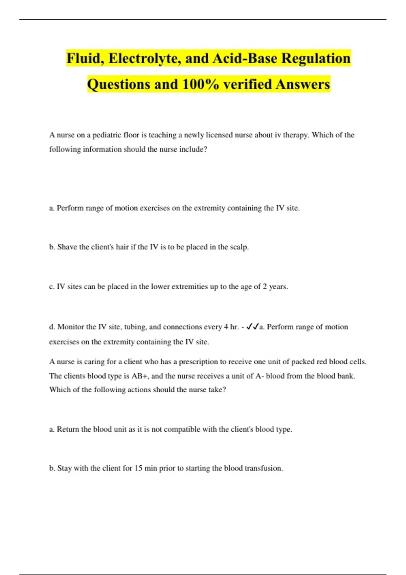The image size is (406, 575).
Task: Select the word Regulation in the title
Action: pyautogui.click(x=316, y=58)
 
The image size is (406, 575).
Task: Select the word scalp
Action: pyautogui.click(x=239, y=247)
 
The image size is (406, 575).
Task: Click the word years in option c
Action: pyautogui.click(x=278, y=287)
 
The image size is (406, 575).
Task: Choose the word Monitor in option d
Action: pyautogui.click(x=71, y=327)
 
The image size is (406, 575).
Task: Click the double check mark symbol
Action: pyautogui.click(x=253, y=327)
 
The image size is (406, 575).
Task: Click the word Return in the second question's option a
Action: pyautogui.click(x=68, y=429)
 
